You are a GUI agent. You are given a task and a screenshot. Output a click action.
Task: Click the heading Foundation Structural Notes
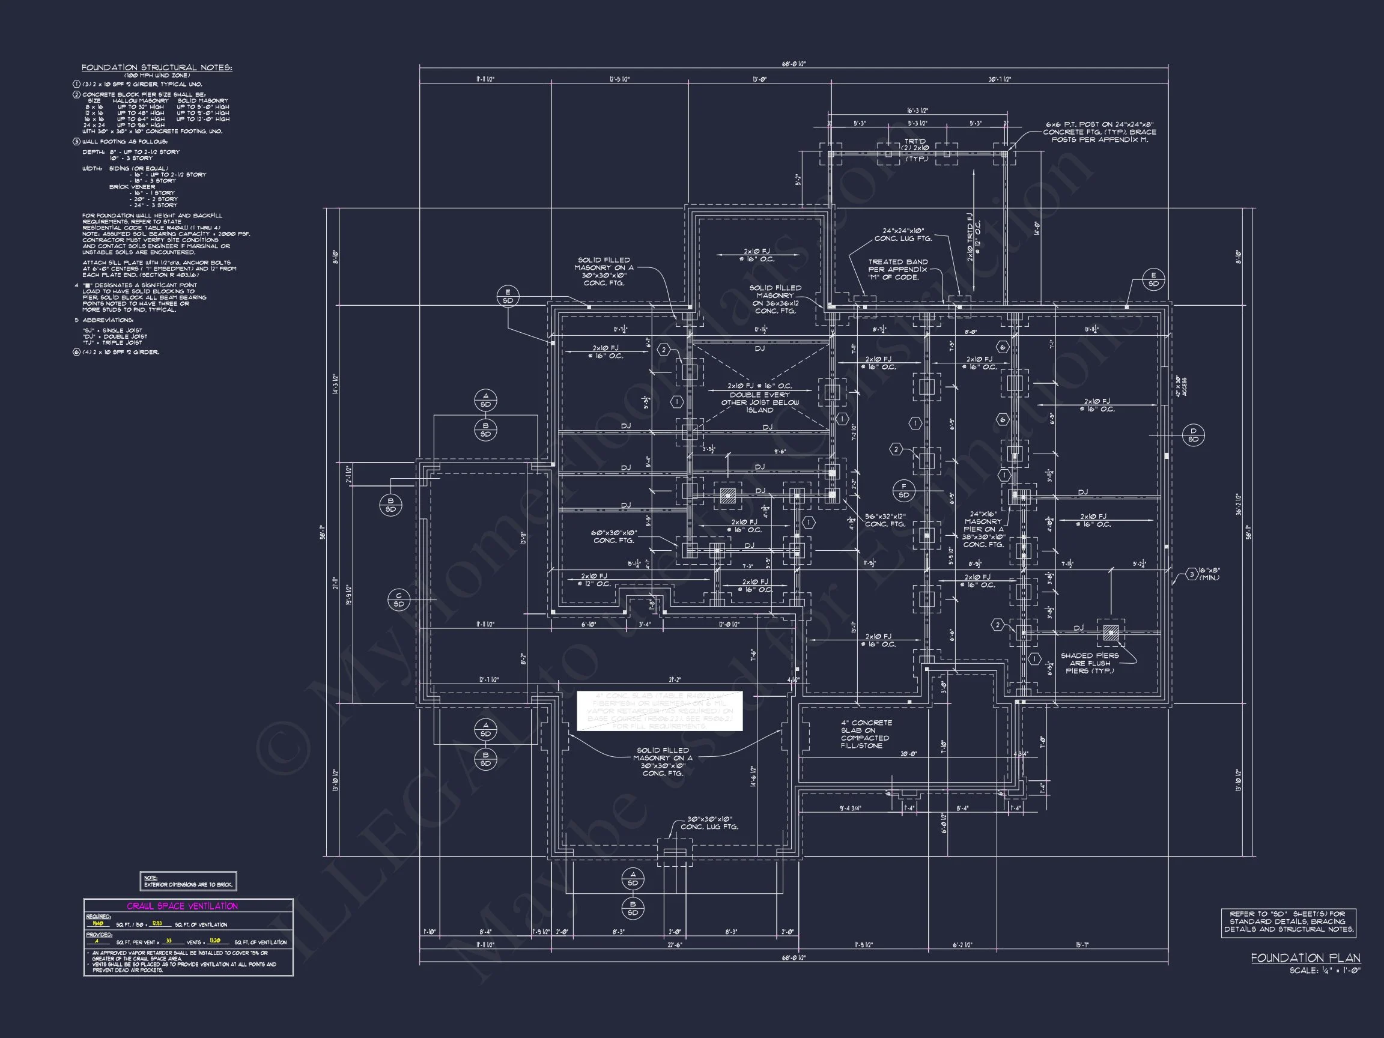156,67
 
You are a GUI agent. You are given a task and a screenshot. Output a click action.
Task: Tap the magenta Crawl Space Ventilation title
182,906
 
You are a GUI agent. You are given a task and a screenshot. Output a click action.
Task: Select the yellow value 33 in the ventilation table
169,941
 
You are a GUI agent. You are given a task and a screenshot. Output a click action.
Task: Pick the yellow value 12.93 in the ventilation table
157,923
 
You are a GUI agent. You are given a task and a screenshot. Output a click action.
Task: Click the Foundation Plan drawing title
1305,958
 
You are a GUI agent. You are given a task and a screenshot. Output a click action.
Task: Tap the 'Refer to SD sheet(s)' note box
1289,922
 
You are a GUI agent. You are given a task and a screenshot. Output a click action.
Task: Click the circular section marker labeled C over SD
398,599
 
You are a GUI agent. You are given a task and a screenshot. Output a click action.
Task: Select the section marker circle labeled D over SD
1193,435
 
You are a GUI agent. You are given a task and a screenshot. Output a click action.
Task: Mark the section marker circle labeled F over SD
903,491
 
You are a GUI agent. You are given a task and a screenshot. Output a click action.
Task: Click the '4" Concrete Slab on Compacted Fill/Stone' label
866,734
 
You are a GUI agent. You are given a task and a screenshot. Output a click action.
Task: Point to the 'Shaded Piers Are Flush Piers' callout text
1090,663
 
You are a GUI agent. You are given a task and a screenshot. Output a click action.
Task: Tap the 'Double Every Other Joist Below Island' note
759,398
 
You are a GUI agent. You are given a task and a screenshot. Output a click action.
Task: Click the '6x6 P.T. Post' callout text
1099,132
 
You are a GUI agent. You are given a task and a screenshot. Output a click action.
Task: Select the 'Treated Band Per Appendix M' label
898,270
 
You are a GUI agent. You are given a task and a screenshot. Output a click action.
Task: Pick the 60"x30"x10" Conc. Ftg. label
614,537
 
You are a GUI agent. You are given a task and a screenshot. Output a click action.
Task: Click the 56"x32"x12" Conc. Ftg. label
885,520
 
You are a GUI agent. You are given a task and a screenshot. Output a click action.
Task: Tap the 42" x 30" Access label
1180,386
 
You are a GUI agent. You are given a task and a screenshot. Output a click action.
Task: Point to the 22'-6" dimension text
675,945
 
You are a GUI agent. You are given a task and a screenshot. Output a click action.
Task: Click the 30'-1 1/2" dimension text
999,79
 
